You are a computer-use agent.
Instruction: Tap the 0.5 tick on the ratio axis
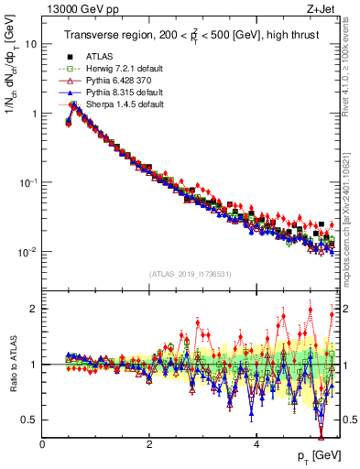coord(29,420)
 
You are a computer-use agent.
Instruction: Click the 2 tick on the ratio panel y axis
coord(34,309)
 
